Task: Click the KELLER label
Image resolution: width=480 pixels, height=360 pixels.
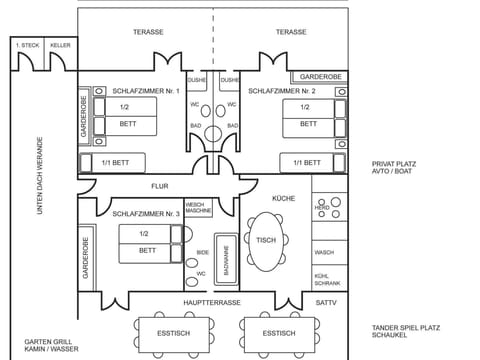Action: pos(60,45)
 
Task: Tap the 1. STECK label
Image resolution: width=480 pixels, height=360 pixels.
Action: pos(27,45)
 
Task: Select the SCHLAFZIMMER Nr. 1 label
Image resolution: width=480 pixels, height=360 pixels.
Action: pos(145,91)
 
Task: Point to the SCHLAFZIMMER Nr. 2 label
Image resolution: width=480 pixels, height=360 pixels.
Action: pos(281,91)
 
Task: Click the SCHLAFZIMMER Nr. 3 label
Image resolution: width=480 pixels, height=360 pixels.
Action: pos(146,213)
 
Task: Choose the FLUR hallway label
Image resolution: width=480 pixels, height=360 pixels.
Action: pos(160,186)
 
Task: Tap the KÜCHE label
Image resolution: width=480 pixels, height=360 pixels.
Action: pos(283,199)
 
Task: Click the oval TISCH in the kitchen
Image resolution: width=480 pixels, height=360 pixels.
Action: pos(266,241)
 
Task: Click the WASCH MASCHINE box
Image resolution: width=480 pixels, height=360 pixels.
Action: pos(198,208)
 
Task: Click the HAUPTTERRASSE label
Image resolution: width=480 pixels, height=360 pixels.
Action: pos(212,301)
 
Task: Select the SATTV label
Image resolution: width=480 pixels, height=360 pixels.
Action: pos(326,301)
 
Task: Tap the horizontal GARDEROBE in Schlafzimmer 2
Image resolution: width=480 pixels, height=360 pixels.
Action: pos(317,76)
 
